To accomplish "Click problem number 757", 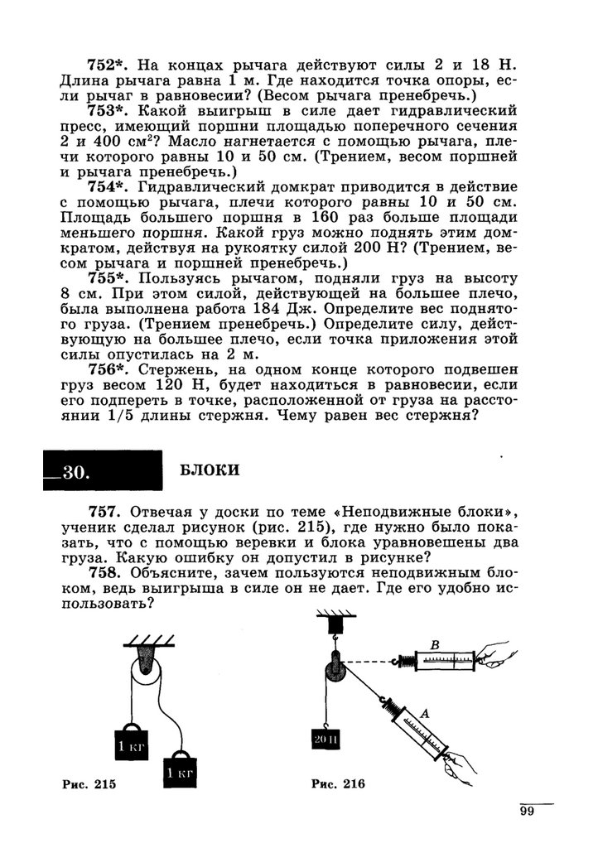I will click(x=106, y=512).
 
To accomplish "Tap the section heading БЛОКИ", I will click(x=210, y=470).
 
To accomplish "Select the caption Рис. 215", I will click(x=89, y=783).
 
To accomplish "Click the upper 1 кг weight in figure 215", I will click(x=128, y=743).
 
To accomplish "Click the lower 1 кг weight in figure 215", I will click(x=181, y=773).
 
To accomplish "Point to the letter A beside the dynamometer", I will click(x=424, y=711).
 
